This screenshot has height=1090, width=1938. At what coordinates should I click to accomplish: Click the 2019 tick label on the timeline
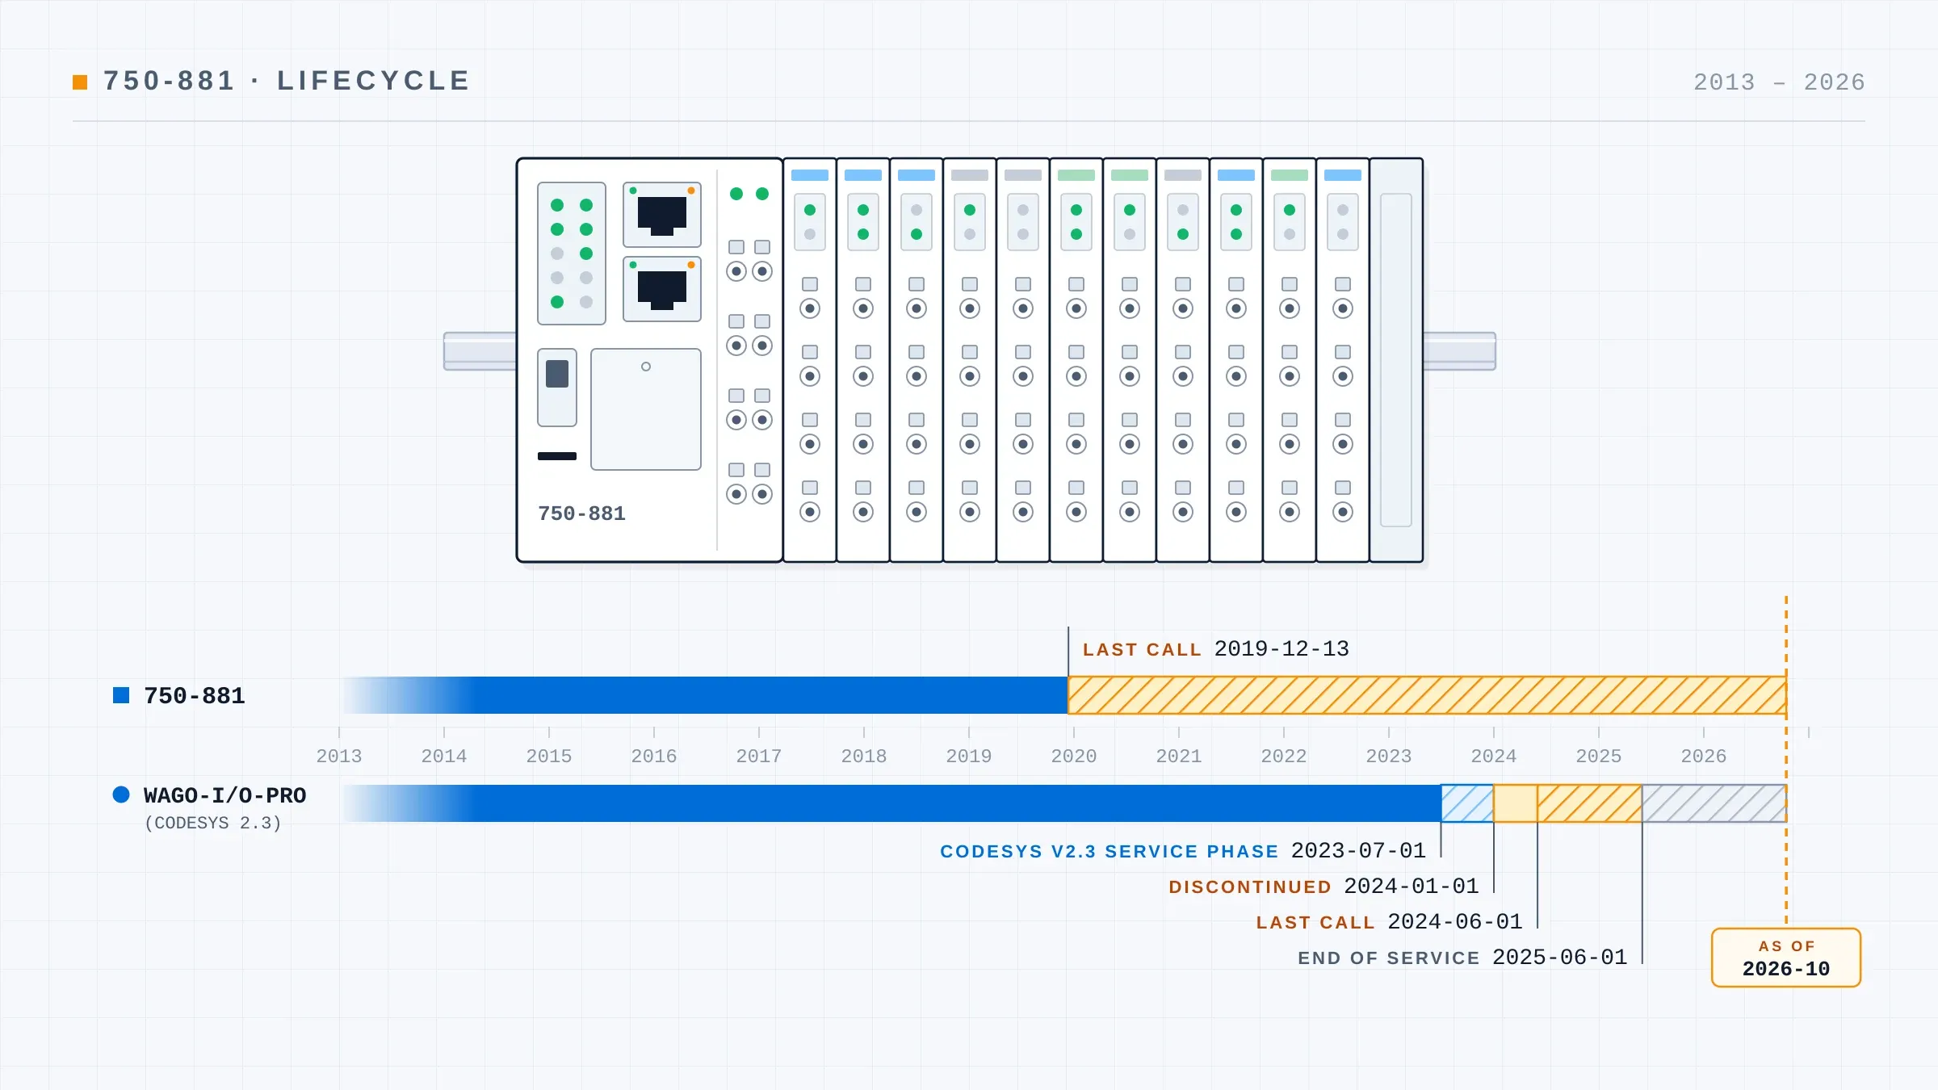click(969, 757)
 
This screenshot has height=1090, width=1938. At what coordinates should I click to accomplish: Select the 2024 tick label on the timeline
click(1494, 757)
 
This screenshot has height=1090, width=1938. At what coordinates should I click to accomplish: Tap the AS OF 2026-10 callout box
click(1786, 958)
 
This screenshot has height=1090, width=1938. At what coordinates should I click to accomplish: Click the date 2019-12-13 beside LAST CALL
click(1282, 649)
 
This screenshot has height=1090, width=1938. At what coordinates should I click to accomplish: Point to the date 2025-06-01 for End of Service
click(1560, 958)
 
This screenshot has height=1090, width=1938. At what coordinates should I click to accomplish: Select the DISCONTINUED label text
click(1250, 887)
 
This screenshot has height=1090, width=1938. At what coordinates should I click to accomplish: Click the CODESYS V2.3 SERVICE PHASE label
click(1110, 852)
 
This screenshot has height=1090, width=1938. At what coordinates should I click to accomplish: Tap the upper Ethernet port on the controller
click(662, 215)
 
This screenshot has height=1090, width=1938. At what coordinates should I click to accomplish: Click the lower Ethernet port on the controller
click(662, 289)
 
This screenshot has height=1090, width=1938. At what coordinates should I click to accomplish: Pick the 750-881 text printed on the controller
click(582, 514)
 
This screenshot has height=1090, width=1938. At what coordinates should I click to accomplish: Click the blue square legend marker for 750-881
click(121, 695)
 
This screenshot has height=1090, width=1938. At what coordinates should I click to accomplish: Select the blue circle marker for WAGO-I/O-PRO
click(121, 794)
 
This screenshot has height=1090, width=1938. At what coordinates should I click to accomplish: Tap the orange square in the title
click(80, 82)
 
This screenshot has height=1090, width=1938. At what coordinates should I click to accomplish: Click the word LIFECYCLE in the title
click(374, 81)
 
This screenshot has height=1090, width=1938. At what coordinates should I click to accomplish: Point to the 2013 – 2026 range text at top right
click(1779, 82)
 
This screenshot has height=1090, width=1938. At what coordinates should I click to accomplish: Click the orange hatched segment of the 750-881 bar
click(1427, 695)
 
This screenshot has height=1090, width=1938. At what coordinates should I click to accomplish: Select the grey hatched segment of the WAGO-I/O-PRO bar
click(1714, 803)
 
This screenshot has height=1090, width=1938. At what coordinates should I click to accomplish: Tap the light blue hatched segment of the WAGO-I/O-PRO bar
click(1467, 803)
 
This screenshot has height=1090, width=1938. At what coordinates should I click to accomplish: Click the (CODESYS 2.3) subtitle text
click(213, 824)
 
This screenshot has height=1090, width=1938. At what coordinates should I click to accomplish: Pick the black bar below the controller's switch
click(557, 456)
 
